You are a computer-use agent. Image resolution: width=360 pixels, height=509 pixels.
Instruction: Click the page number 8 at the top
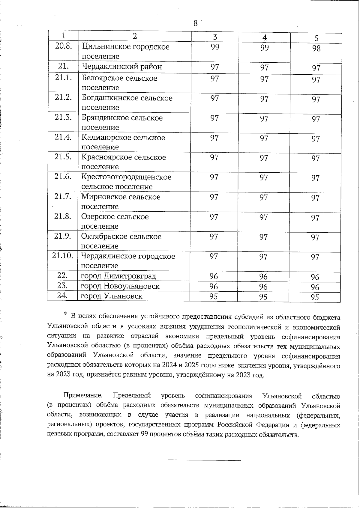point(195,23)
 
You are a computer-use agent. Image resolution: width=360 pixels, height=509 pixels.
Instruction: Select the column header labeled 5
point(316,38)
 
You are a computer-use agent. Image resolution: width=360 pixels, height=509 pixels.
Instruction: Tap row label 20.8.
point(63,46)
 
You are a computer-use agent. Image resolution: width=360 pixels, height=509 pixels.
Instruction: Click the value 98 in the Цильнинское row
point(316,49)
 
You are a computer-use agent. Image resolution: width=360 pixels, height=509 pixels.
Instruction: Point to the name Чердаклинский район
point(122,67)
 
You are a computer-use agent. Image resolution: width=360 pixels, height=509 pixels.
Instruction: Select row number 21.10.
point(62,256)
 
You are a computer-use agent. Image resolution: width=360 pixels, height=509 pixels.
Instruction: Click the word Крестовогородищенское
point(126,177)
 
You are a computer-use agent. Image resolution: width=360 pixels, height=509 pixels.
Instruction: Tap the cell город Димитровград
point(118,276)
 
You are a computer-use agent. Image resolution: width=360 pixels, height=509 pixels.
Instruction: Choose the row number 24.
point(62,296)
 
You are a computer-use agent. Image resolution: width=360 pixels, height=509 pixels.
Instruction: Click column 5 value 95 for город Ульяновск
point(315,297)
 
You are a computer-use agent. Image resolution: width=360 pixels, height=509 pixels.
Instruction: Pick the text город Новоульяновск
point(120,286)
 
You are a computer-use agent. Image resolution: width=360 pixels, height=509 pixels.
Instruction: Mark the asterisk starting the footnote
point(65,314)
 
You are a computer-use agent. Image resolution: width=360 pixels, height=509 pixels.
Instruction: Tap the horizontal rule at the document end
point(204,460)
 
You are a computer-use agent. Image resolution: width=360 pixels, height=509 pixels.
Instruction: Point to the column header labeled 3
point(215,37)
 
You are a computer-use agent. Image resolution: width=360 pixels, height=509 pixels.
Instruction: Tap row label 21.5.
point(63,157)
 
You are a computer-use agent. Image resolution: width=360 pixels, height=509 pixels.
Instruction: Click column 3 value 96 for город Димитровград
point(214,276)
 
